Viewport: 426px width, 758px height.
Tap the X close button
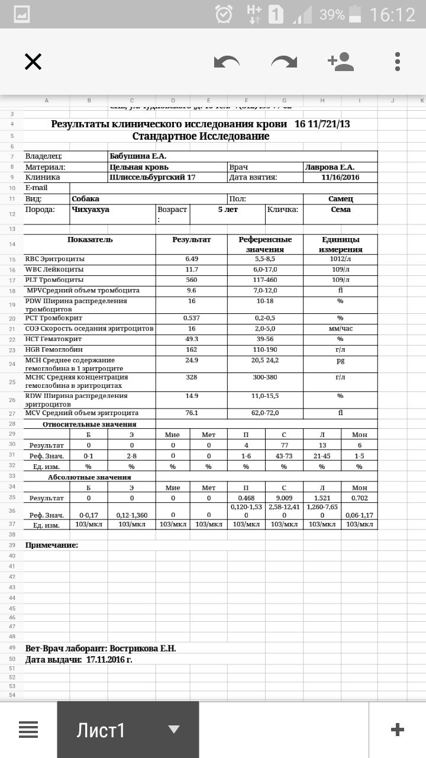(33, 62)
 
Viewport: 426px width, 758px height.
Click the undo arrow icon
(227, 62)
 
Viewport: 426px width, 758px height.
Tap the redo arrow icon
(284, 62)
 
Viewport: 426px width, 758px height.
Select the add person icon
(340, 62)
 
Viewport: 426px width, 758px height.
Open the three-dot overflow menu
(398, 62)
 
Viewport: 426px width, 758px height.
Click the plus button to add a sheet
(398, 730)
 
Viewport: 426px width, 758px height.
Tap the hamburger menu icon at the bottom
(28, 730)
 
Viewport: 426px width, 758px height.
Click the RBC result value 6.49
(191, 259)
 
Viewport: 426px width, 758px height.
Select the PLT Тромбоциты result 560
(191, 280)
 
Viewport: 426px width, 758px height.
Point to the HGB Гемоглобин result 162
(191, 350)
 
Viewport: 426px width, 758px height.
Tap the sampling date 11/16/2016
(340, 177)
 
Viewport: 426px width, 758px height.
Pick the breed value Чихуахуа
(91, 210)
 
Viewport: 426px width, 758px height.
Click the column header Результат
(191, 240)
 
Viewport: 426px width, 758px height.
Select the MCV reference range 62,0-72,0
(266, 413)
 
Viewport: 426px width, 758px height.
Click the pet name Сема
(340, 210)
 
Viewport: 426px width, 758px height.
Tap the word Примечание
(51, 545)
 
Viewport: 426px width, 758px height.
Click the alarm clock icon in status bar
(224, 14)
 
